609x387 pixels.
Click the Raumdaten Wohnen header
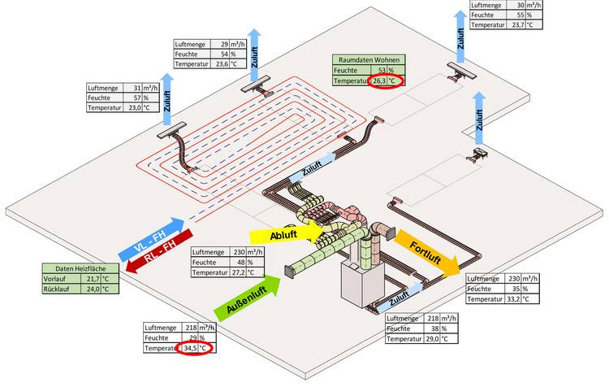coord(369,59)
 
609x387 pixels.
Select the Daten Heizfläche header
coord(75,267)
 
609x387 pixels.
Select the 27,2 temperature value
coord(235,273)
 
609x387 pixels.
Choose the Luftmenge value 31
coord(136,87)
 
